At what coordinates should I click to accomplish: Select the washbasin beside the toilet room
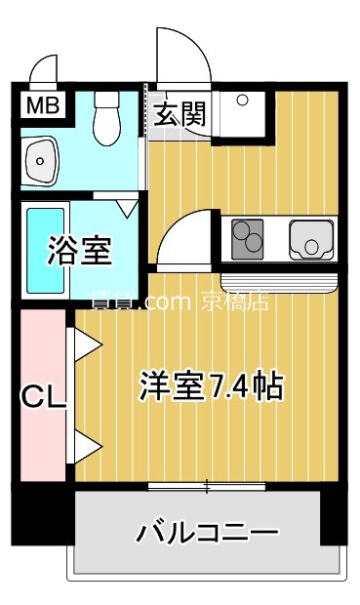coord(41,157)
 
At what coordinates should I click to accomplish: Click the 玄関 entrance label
coord(179,114)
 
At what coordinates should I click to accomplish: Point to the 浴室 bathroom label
coord(80,251)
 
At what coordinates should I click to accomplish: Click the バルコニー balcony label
coord(207,533)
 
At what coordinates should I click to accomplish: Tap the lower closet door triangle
coord(85,448)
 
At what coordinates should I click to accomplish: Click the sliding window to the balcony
coord(206,485)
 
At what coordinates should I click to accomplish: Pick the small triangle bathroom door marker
coord(127,208)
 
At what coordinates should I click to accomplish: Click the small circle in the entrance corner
coord(242,99)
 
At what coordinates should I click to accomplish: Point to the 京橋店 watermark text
coord(234,302)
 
